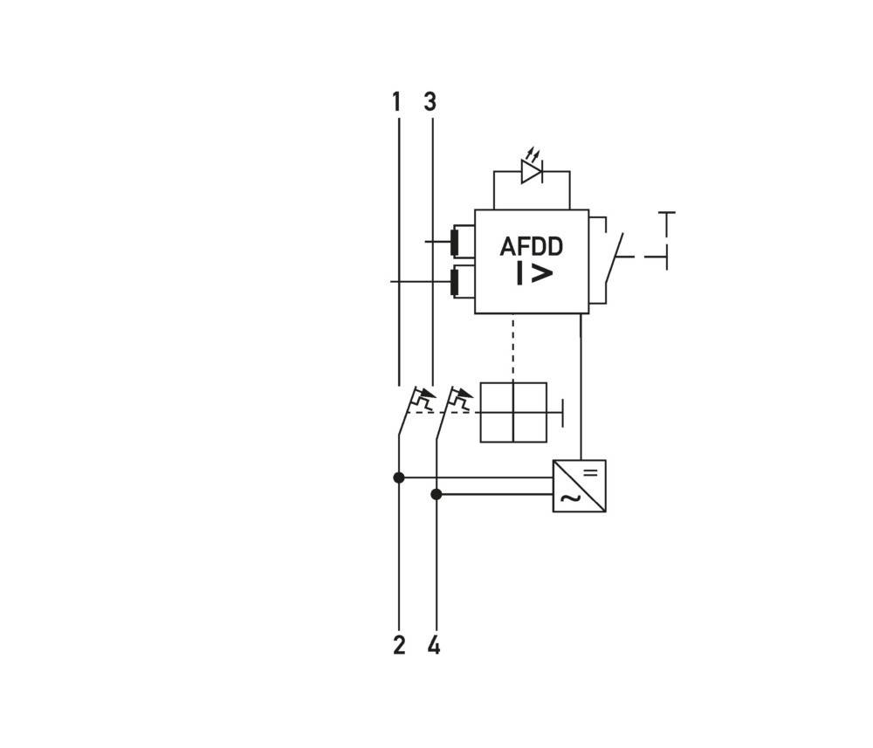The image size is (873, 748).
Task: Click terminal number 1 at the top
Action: pos(396,102)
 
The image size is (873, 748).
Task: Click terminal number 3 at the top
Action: pos(430,102)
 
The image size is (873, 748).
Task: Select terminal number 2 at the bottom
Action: pos(399,645)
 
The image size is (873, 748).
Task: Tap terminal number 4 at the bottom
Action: pos(434,645)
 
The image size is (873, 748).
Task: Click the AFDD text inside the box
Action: pos(531,247)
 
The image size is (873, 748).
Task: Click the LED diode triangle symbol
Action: pos(531,172)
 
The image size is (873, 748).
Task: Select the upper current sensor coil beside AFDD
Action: pos(455,241)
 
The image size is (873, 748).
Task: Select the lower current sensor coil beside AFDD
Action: pos(455,282)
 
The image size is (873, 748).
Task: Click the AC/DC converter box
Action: pos(579,486)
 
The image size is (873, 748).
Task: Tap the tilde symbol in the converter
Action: pos(568,498)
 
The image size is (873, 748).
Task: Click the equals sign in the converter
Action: pos(590,472)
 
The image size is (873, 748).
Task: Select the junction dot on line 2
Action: pos(399,477)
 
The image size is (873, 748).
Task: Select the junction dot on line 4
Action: pos(436,494)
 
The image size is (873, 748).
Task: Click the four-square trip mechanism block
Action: pos(513,412)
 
